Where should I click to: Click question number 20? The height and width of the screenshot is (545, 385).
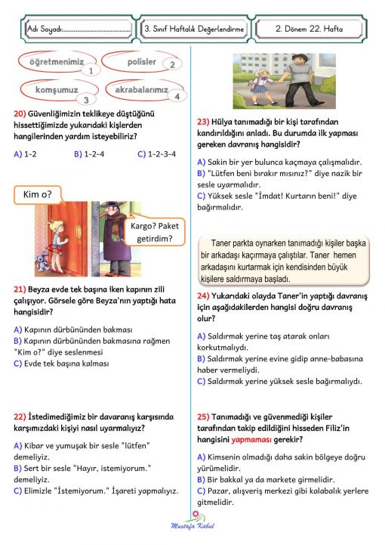tap(20, 113)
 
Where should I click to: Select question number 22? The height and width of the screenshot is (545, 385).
tap(20, 415)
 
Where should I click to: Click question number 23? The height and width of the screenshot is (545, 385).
tap(202, 121)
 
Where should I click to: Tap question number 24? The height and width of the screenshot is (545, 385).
tap(202, 296)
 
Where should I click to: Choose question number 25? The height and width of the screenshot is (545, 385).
tap(202, 416)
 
